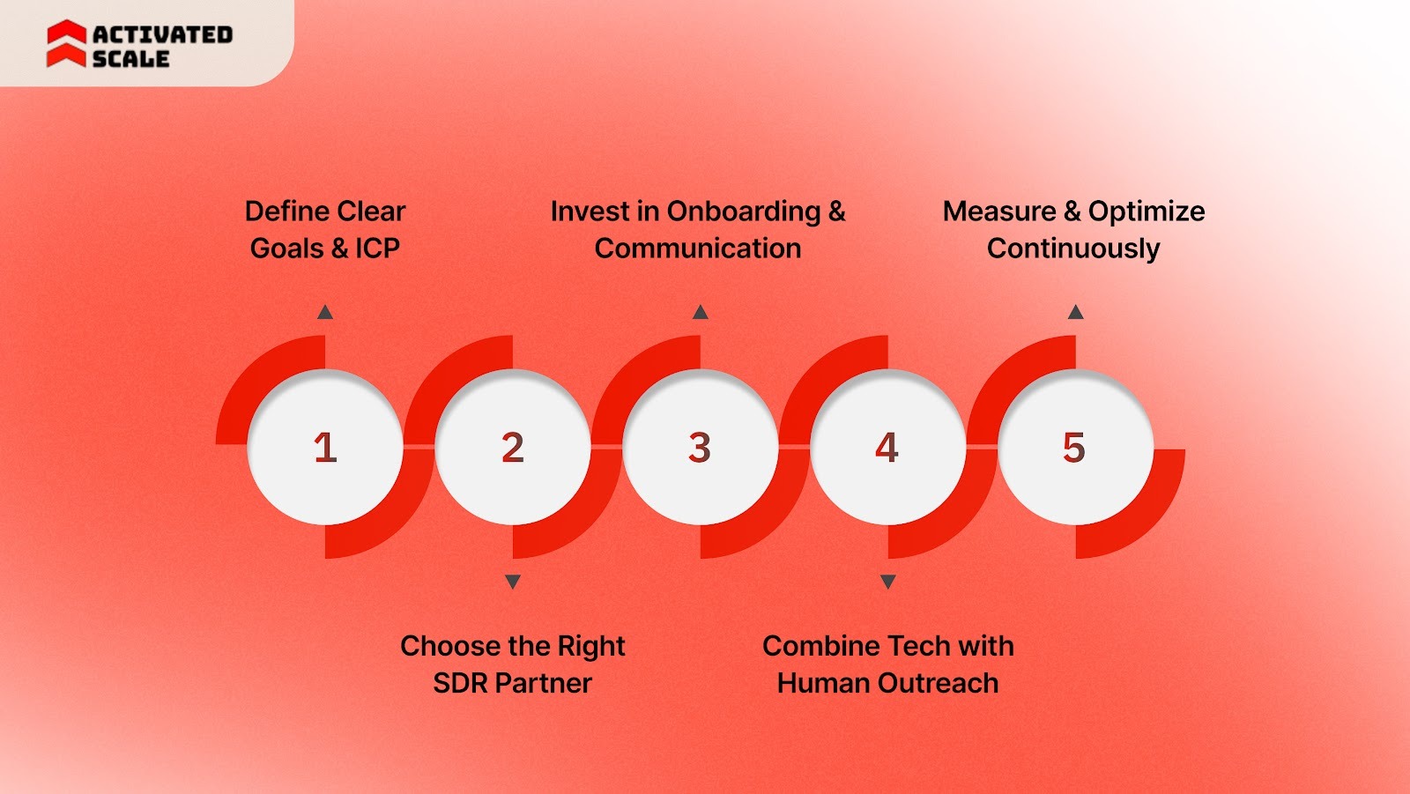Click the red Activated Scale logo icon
(x=66, y=44)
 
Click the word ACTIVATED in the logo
(x=162, y=34)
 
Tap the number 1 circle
(x=325, y=448)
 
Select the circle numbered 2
(x=513, y=448)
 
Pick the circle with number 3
(x=700, y=448)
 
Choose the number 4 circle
(x=887, y=448)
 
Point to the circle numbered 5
(x=1074, y=448)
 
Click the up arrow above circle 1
(x=325, y=312)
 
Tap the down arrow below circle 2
(x=513, y=582)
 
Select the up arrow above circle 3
(x=701, y=312)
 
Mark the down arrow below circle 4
(x=888, y=582)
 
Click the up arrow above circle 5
(x=1075, y=312)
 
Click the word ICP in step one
(x=377, y=249)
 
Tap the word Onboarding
(x=743, y=211)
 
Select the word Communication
(x=698, y=249)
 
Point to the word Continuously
(x=1073, y=249)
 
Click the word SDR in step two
(x=460, y=683)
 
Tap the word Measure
(x=999, y=211)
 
